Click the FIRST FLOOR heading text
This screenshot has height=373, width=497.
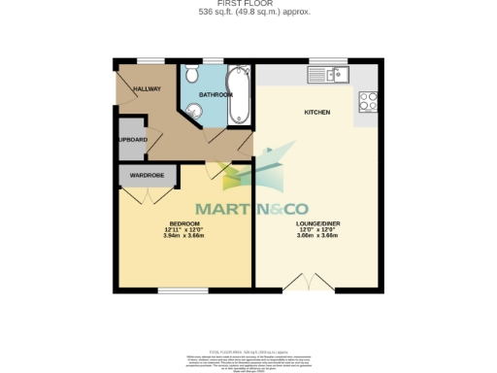click(248, 4)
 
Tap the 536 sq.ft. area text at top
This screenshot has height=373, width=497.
click(248, 13)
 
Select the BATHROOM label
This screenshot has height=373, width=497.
click(215, 94)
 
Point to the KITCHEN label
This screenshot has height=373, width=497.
click(317, 113)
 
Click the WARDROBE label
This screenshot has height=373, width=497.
click(142, 176)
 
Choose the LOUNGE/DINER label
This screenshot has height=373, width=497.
click(316, 222)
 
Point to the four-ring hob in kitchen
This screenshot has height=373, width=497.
click(369, 101)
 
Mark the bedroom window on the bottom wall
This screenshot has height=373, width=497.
click(177, 290)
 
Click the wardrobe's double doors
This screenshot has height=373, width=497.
click(142, 194)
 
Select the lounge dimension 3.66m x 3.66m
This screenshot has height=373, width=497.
click(316, 236)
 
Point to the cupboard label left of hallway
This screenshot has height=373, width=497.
click(132, 140)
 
